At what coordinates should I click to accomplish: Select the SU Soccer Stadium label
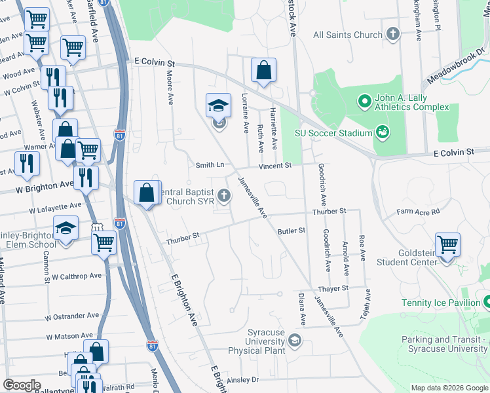coord(333,133)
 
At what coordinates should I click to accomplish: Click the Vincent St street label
coord(274,166)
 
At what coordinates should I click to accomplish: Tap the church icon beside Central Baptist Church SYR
coord(225,195)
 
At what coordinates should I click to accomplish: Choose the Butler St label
coord(292,231)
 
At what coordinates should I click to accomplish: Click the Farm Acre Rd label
coord(419,212)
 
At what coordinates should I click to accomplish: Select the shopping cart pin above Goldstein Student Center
coord(447,245)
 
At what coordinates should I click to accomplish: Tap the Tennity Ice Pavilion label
coord(440,303)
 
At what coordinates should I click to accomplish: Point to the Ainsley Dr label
coord(243,379)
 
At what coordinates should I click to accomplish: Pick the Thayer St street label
coord(332,288)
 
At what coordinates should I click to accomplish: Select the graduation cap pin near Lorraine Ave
coord(219,106)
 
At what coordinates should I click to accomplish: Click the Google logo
coord(22,385)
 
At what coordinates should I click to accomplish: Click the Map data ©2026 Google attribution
coord(449,388)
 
